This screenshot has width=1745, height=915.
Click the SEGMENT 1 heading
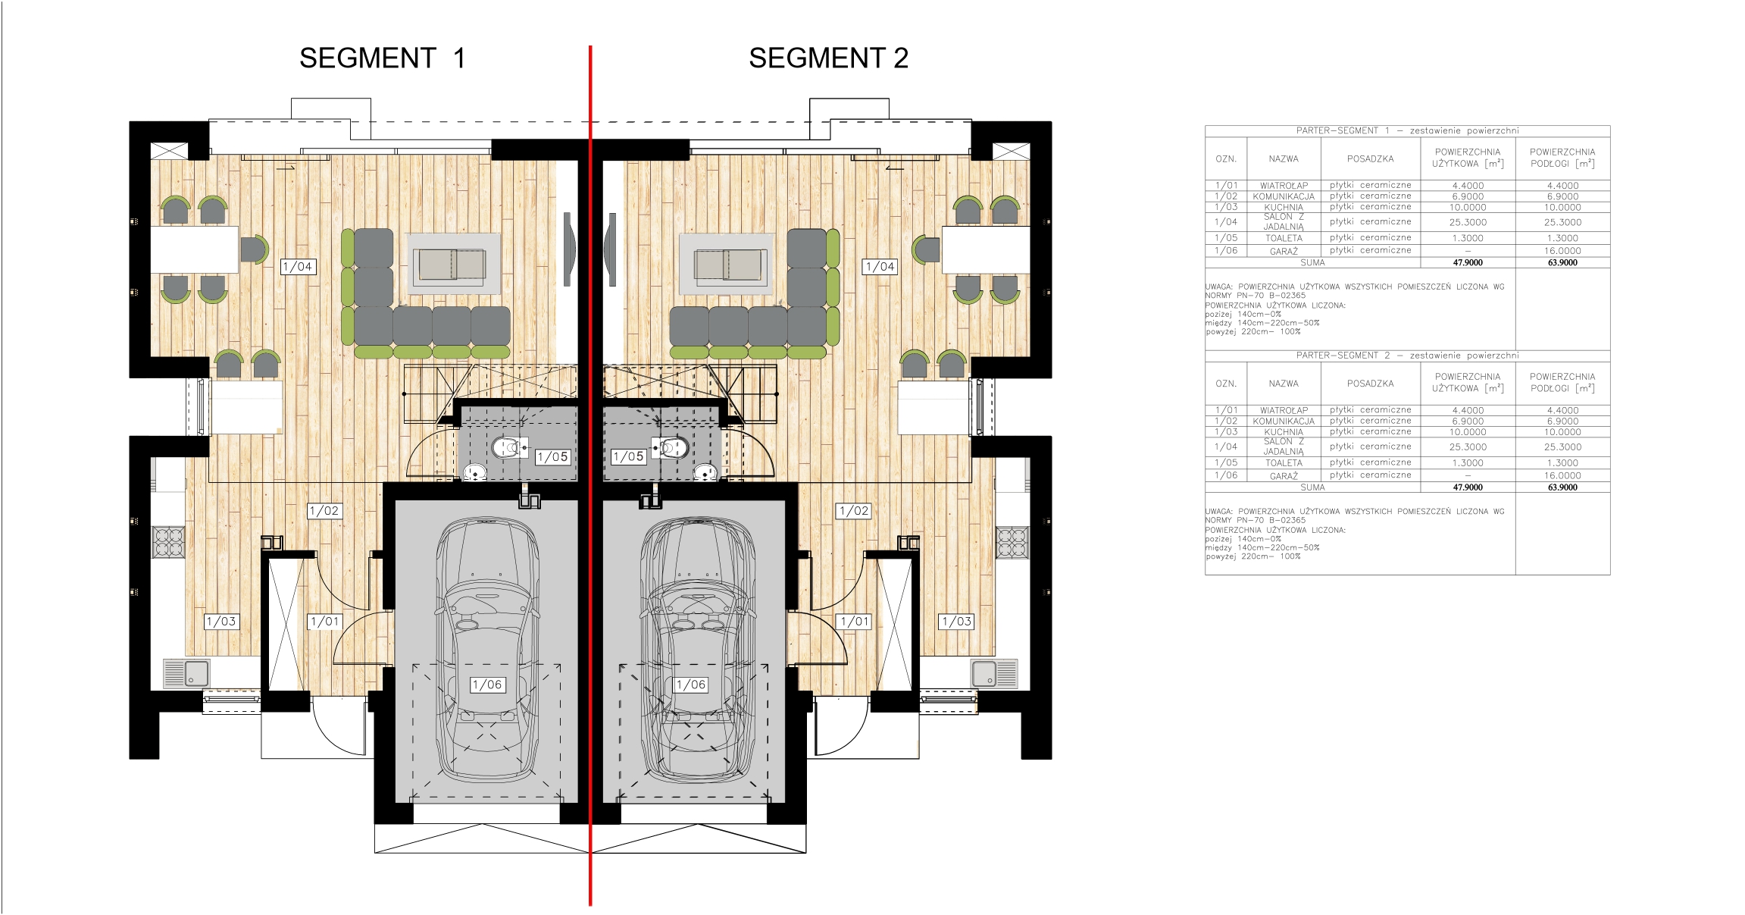tap(382, 58)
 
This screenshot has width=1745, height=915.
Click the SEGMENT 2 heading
tap(828, 58)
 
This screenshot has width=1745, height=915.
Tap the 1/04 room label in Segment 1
tap(298, 267)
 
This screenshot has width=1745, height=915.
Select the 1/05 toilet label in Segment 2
tap(628, 456)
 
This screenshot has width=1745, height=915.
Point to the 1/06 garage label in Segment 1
tap(487, 685)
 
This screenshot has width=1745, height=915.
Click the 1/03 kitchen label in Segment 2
tap(956, 622)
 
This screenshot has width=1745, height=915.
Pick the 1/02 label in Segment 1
tap(324, 511)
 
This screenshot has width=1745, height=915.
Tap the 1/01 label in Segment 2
tap(855, 622)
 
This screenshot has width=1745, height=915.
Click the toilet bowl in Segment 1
tap(509, 447)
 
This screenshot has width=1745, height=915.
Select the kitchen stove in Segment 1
tap(169, 542)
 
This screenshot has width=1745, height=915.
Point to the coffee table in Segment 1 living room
tap(454, 265)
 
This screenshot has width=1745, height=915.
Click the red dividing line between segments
tap(590, 475)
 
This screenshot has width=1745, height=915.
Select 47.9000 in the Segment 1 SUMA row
tap(1468, 263)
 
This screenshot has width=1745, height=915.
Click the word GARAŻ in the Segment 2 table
tap(1284, 476)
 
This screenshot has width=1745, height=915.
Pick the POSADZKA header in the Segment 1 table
tap(1370, 159)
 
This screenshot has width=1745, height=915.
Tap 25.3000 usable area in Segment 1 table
tap(1468, 222)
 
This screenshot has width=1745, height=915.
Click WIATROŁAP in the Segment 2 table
tap(1284, 410)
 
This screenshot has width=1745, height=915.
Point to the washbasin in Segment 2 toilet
tap(705, 472)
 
